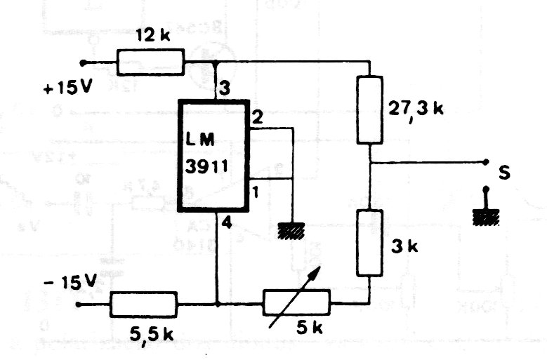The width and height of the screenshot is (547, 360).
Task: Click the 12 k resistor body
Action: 151,62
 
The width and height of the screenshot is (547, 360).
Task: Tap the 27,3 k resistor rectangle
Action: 370,109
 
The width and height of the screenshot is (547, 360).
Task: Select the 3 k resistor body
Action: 369,242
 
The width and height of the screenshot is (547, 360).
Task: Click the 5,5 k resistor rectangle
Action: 143,305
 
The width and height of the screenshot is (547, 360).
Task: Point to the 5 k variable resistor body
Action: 296,304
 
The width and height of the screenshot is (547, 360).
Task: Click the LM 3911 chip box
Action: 213,154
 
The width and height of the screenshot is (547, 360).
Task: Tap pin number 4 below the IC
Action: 225,223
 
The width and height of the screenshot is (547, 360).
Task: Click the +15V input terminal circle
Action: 84,62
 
